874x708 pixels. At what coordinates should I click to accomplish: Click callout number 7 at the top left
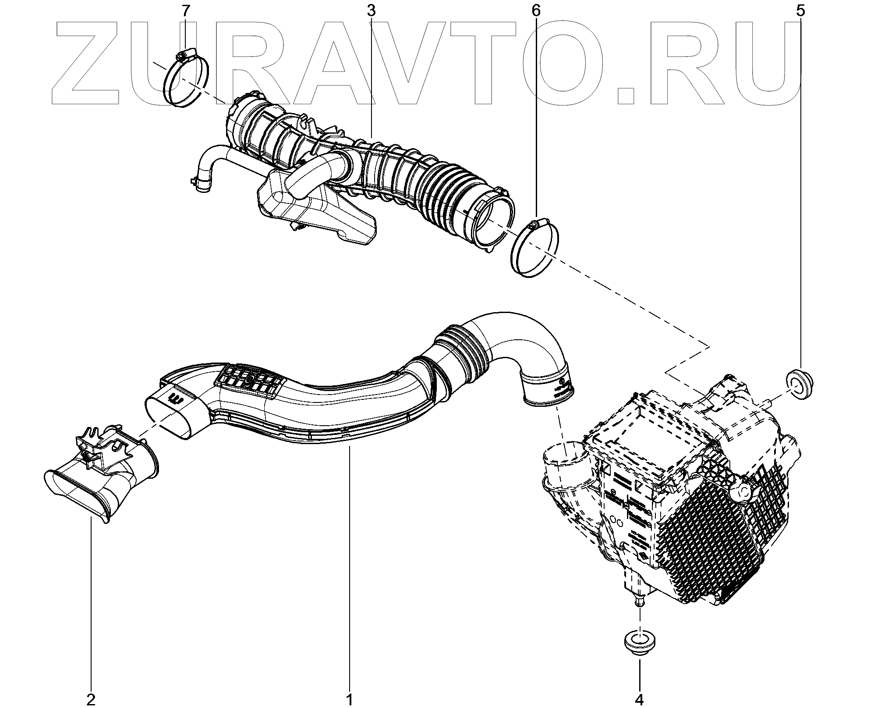187,11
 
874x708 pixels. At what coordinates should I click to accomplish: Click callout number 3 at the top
371,11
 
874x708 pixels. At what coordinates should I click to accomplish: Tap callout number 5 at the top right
800,11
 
